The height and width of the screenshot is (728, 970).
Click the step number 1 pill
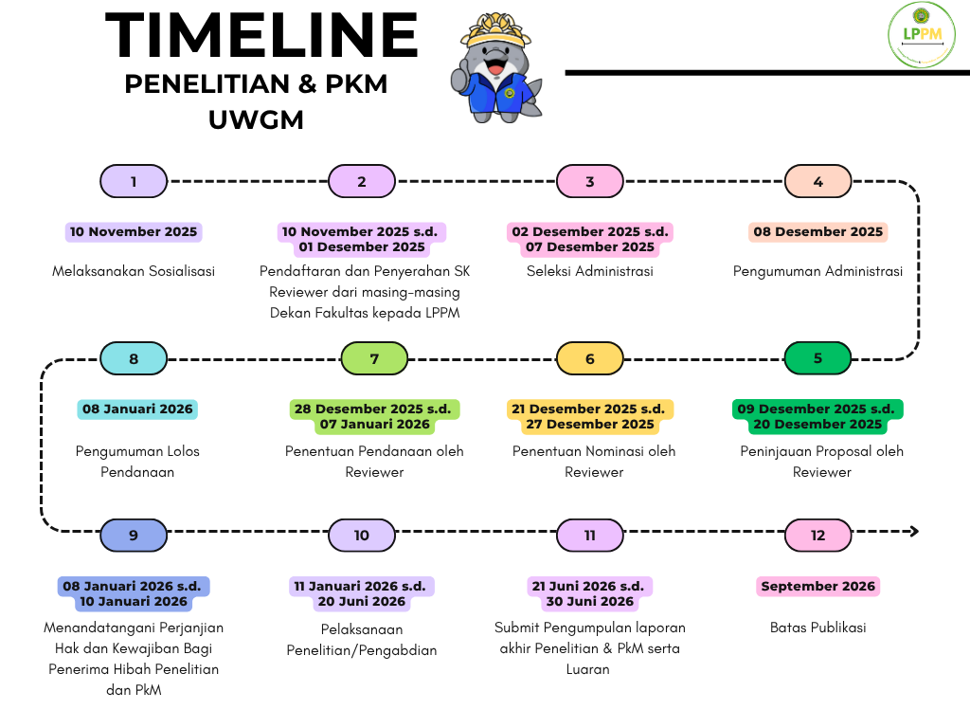[x=134, y=181]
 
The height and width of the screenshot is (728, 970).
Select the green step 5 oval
[x=817, y=358]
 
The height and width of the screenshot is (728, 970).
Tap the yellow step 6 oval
[x=589, y=358]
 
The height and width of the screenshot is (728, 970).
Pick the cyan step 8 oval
[x=134, y=358]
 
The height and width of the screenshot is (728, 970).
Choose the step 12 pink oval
[x=817, y=536]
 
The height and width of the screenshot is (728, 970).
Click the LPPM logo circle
[x=921, y=35]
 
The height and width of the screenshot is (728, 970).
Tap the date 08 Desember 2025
[x=817, y=231]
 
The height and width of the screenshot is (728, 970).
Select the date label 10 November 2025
[x=134, y=231]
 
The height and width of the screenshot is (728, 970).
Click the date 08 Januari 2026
[x=137, y=409]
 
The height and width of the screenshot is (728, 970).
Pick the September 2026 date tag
[x=818, y=587]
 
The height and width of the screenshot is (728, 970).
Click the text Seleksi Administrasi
[x=590, y=271]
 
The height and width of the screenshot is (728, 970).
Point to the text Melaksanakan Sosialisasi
[x=134, y=271]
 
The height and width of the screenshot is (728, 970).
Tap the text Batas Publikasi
[x=817, y=628]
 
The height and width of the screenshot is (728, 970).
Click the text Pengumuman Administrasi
[x=817, y=271]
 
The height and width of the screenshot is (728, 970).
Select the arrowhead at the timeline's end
[x=912, y=532]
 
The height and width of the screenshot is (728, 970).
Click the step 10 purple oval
[x=362, y=536]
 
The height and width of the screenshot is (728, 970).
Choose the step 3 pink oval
[x=589, y=181]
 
